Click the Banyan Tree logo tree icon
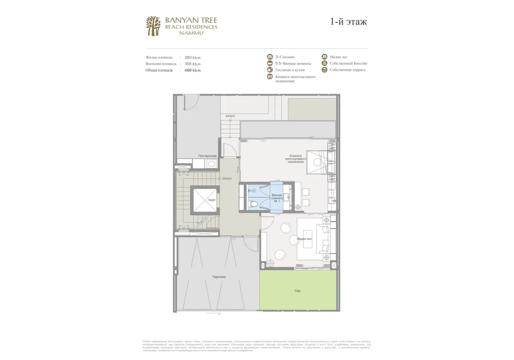coord(153,26)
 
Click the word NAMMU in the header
coord(191,33)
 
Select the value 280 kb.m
coord(192,57)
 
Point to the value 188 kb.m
coord(192,63)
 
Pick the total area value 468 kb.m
coord(192,70)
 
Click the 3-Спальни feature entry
coord(285,57)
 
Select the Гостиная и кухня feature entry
coord(290,70)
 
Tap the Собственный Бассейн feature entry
coord(348,63)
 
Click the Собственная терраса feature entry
coord(347,70)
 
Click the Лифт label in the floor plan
coord(211,200)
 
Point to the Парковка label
coord(218,277)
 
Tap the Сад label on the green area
coord(297,291)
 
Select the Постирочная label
coord(207,156)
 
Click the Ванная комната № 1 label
coord(277,198)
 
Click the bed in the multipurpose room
coord(317,162)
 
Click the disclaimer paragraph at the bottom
coord(257,346)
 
